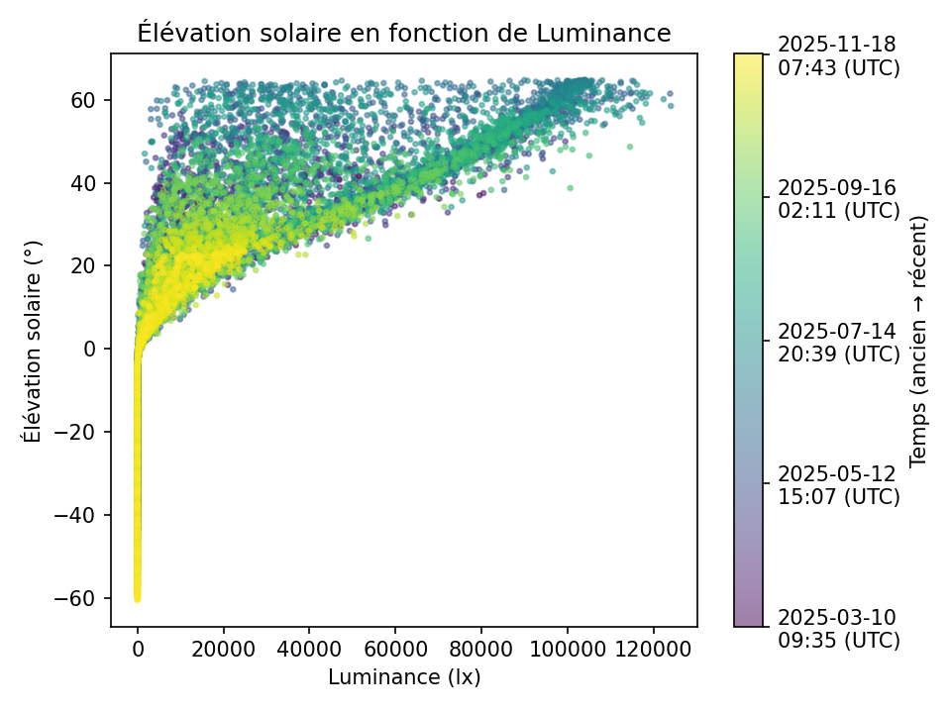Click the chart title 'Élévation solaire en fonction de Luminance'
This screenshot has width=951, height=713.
(404, 34)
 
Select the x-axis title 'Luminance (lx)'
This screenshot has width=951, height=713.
(404, 677)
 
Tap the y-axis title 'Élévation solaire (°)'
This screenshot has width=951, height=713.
(33, 340)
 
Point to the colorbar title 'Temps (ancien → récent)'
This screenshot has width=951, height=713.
(918, 340)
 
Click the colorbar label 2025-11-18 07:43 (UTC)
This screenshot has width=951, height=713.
(838, 55)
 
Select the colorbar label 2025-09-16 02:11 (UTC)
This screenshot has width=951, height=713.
(838, 198)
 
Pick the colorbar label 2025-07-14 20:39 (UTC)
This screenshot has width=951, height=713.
(838, 342)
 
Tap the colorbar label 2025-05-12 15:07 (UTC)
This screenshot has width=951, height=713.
(838, 484)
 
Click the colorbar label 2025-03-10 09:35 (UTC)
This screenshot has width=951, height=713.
(838, 628)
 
